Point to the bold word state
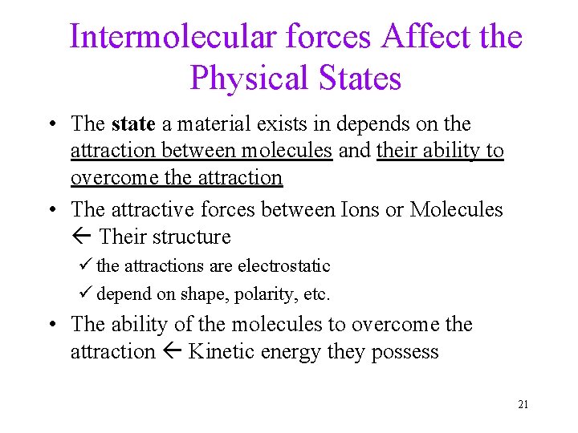(x=133, y=124)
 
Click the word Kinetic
(x=221, y=352)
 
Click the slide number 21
(x=523, y=404)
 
